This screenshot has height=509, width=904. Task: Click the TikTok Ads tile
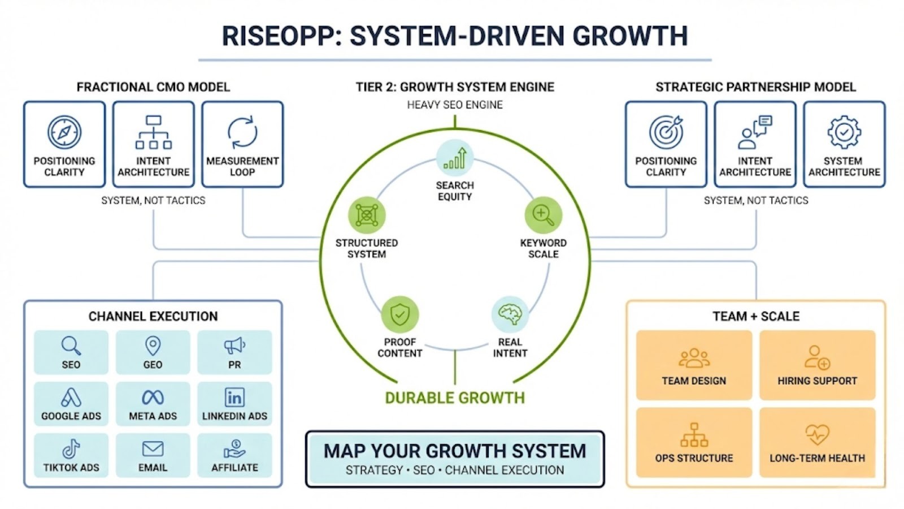(71, 455)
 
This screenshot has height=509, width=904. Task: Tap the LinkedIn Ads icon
(234, 397)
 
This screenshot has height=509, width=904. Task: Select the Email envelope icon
(153, 449)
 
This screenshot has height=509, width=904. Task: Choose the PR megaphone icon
(234, 345)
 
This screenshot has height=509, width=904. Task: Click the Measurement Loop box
(242, 144)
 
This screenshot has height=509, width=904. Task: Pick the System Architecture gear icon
(844, 132)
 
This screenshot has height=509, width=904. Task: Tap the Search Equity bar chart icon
(455, 158)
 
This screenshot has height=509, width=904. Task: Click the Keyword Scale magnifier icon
(543, 215)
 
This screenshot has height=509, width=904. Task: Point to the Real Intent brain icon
(510, 314)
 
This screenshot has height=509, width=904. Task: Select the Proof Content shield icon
(400, 314)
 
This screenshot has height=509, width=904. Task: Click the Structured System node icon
(367, 215)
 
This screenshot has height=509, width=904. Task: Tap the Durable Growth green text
(455, 398)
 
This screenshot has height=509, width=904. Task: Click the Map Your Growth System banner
(455, 459)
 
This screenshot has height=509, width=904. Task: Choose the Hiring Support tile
(817, 365)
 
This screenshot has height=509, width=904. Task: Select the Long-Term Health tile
(817, 443)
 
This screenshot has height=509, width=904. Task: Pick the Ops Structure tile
(694, 443)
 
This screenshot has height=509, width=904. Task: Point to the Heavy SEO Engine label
(455, 105)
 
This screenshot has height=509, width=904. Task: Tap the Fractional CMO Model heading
(153, 87)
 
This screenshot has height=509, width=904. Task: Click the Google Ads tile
(71, 403)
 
